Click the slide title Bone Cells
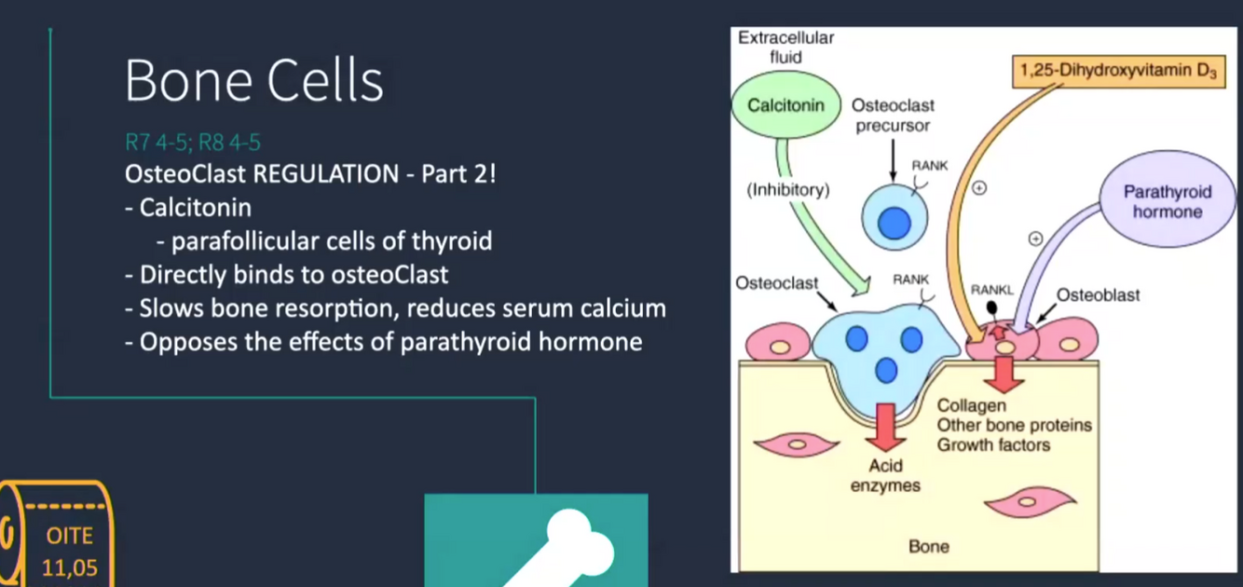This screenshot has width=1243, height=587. pos(253,81)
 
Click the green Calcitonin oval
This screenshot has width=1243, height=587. pos(786,105)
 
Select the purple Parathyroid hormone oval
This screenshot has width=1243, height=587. pos(1167,201)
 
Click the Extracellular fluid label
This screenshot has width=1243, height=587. pos(785,48)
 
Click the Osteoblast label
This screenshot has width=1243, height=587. pos(1098,295)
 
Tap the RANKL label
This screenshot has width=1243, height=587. pos(991,290)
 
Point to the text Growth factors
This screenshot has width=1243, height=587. pos(993,444)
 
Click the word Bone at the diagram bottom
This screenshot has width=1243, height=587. pos(928,546)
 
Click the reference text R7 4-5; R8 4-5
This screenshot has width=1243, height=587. pos(193,143)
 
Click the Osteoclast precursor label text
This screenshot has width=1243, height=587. pos(893,116)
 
